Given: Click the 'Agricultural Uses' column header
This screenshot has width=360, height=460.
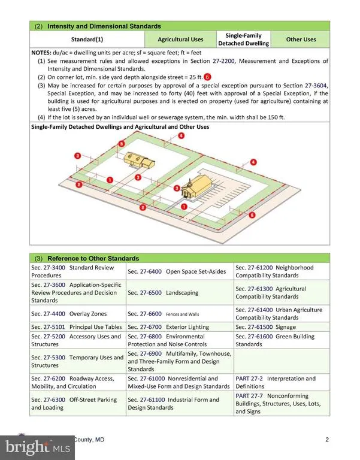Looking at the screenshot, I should pyautogui.click(x=180, y=40).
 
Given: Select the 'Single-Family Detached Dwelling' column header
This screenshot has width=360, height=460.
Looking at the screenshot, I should pyautogui.click(x=243, y=40).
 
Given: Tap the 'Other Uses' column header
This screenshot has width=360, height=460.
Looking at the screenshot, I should pyautogui.click(x=301, y=40).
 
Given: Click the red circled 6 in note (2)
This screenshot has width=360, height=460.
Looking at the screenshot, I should pyautogui.click(x=208, y=77).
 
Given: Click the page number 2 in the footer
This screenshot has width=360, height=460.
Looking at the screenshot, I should pyautogui.click(x=327, y=440).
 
